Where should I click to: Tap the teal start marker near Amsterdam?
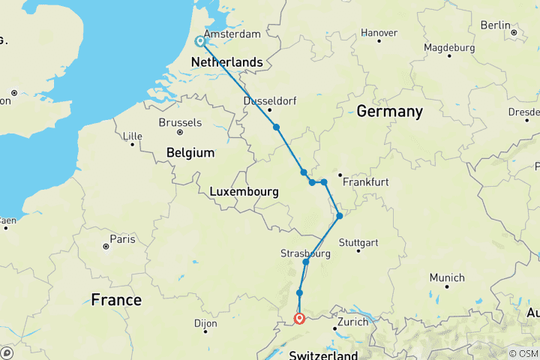(200, 42)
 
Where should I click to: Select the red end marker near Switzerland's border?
(299, 319)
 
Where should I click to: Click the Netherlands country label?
(226, 62)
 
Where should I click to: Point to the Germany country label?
(389, 112)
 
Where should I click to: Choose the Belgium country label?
(190, 152)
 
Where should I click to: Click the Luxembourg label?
(244, 192)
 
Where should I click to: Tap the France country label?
(116, 300)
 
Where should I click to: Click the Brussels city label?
(180, 122)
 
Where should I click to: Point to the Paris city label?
(122, 239)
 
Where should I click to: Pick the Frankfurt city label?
(365, 181)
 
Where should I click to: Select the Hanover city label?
(379, 33)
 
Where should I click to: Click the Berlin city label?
(495, 25)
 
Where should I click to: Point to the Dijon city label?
(204, 323)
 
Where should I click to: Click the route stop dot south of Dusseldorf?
(277, 127)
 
